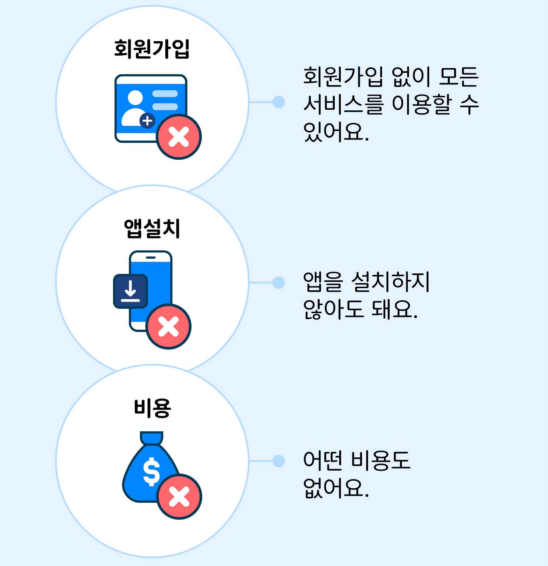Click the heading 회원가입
pyautogui.click(x=152, y=49)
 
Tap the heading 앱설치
pyautogui.click(x=152, y=229)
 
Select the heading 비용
pyautogui.click(x=152, y=408)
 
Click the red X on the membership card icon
pyautogui.click(x=179, y=137)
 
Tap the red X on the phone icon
pyautogui.click(x=169, y=326)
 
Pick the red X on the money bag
pyautogui.click(x=179, y=497)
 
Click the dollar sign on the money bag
pyautogui.click(x=151, y=471)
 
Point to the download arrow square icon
pyautogui.click(x=130, y=291)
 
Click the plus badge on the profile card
pyautogui.click(x=147, y=120)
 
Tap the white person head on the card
pyautogui.click(x=135, y=98)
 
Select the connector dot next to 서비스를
pyautogui.click(x=279, y=102)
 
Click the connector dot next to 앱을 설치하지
pyautogui.click(x=279, y=283)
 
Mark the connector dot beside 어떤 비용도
pyautogui.click(x=279, y=461)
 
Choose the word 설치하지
pyautogui.click(x=390, y=282)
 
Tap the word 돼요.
pyautogui.click(x=394, y=309)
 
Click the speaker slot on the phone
pyautogui.click(x=151, y=257)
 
